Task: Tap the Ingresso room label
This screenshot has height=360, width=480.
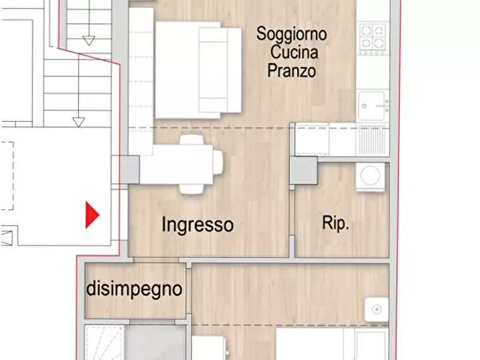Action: click(197, 224)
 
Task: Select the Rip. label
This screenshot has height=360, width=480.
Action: click(336, 224)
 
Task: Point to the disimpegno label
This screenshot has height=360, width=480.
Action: click(134, 290)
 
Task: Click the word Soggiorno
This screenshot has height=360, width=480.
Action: click(291, 34)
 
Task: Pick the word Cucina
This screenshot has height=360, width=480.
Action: click(293, 52)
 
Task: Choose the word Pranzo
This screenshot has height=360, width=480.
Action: click(291, 71)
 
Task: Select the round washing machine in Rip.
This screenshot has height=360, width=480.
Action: click(370, 176)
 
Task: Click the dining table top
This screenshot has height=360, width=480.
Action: click(177, 164)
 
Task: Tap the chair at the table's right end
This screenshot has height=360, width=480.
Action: click(218, 162)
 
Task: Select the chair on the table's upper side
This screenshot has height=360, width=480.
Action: click(191, 140)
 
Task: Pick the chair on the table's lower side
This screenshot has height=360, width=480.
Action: click(191, 188)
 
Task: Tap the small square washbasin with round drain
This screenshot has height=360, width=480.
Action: click(376, 309)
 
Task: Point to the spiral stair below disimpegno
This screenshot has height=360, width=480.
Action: click(104, 342)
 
